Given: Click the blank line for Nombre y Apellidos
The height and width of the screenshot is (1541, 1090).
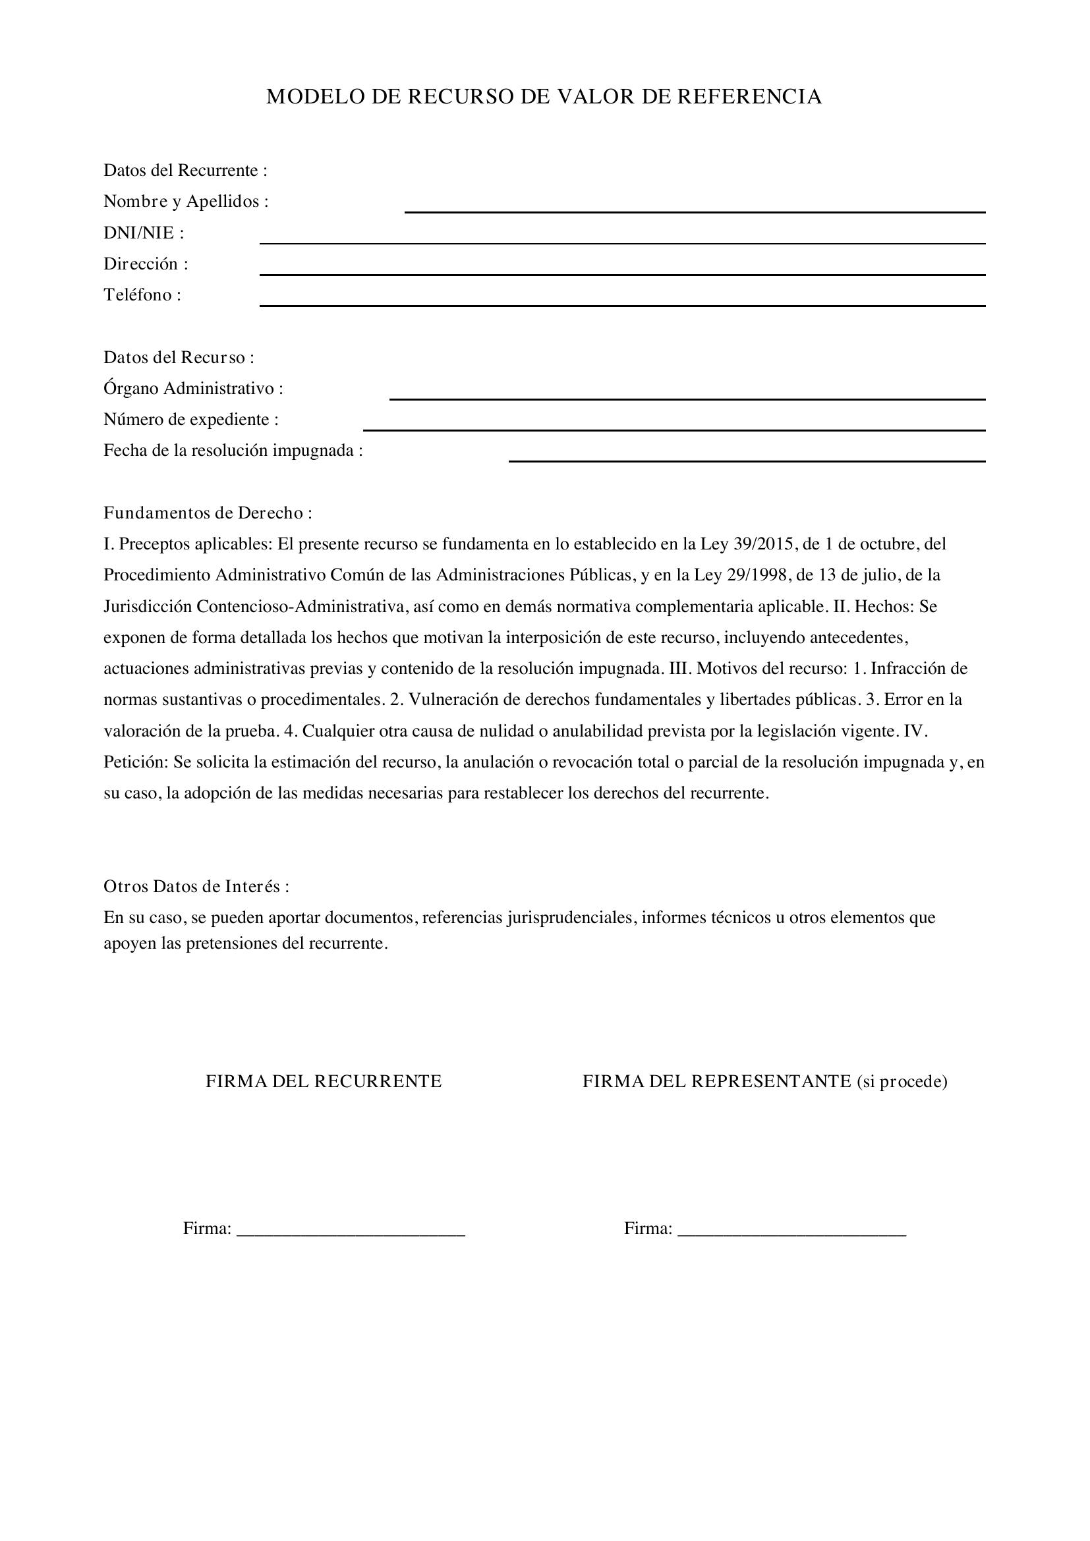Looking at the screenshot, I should tap(694, 211).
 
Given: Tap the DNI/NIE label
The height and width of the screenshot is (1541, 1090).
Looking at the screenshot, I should tap(143, 233).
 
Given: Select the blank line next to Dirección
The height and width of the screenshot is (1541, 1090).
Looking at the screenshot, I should tap(621, 274).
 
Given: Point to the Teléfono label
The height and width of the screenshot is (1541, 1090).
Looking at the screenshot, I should tap(142, 294).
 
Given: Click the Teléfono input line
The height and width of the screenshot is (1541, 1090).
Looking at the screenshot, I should tap(621, 306).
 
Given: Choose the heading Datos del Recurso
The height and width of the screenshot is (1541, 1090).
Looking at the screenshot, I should tap(179, 357).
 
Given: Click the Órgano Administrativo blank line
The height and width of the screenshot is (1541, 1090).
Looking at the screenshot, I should tap(687, 399).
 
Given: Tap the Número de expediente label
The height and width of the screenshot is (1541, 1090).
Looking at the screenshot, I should tap(190, 420).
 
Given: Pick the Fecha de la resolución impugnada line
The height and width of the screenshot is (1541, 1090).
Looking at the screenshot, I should tap(747, 461).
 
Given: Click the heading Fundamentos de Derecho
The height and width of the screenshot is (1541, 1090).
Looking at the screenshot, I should tap(208, 513).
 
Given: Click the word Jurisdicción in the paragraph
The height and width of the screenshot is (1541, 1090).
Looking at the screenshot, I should tap(148, 606).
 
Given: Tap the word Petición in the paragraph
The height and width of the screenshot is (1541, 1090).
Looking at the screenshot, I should tap(136, 762).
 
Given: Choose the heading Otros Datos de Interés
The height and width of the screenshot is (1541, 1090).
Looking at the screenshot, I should tap(196, 886).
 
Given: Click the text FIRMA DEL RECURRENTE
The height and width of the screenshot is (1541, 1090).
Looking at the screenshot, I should tap(324, 1081).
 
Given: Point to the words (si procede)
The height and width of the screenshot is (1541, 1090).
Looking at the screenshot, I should tap(902, 1081).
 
